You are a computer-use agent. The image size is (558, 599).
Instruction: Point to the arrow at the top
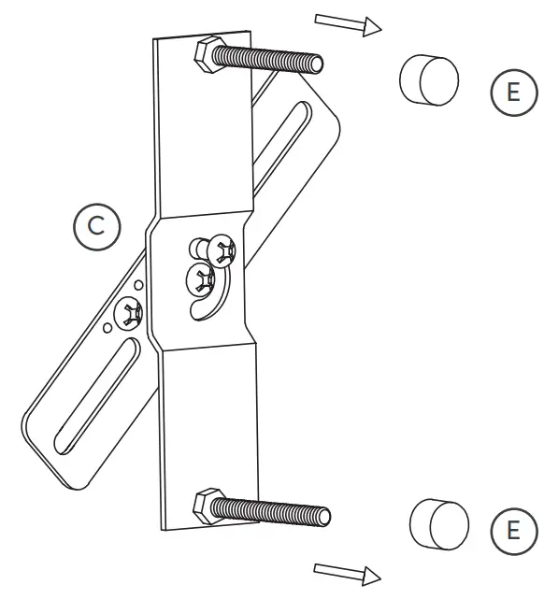point(349,23)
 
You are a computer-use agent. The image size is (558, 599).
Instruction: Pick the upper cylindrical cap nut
point(429,79)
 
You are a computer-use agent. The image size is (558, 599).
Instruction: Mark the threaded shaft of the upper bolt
point(271,61)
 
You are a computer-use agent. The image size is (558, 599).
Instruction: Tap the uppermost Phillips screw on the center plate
point(224,250)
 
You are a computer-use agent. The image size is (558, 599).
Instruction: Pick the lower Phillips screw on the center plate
point(201,276)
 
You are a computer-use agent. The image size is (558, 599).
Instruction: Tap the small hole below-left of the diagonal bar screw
point(110,328)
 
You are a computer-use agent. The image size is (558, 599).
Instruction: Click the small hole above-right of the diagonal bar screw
point(138,284)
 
